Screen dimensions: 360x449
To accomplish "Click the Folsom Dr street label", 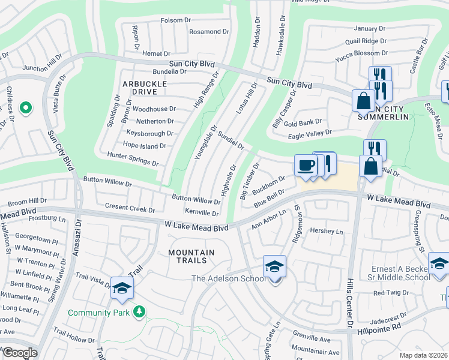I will pyautogui.click(x=175, y=20).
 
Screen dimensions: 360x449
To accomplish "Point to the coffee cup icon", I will pyautogui.click(x=306, y=165).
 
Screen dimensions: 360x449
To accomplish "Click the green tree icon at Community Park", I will pyautogui.click(x=139, y=311).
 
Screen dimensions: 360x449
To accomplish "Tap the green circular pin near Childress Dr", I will pyautogui.click(x=25, y=108).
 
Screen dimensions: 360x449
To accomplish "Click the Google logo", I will pyautogui.click(x=19, y=353).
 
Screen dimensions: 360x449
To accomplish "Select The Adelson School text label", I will pyautogui.click(x=228, y=278).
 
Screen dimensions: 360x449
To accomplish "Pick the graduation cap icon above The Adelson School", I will pyautogui.click(x=274, y=265).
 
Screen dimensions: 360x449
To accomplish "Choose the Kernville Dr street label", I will pyautogui.click(x=202, y=213).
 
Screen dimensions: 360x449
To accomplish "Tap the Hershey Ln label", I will pyautogui.click(x=326, y=231).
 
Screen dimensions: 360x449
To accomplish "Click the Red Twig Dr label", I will pyautogui.click(x=390, y=293).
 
